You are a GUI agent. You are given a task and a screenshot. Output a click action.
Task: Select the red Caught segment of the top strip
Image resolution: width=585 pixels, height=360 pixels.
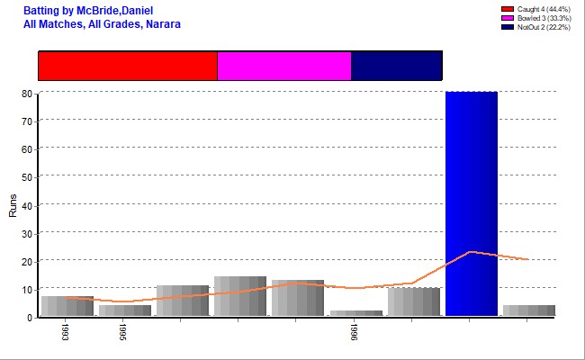coord(127,66)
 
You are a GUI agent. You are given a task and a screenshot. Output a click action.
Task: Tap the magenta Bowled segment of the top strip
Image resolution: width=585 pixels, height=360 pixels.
coord(283,66)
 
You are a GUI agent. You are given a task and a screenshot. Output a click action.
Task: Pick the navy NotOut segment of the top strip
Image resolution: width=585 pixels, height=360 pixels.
coord(396,66)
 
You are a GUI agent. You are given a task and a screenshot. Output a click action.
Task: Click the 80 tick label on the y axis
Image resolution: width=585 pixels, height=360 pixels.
coord(27,93)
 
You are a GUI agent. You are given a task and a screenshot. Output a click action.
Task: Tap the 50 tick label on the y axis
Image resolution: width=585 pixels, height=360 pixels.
coord(27,177)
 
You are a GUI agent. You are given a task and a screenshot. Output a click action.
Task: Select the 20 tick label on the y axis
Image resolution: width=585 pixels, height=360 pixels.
coord(27,261)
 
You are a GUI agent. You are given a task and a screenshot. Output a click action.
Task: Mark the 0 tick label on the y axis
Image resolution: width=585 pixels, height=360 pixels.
coord(30,318)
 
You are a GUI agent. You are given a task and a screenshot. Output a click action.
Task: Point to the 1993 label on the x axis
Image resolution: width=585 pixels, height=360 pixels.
coord(67,332)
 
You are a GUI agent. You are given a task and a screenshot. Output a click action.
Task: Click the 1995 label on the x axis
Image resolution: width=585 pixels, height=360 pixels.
coord(124,332)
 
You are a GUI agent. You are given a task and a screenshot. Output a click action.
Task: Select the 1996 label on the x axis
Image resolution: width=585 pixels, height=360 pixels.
coord(355,332)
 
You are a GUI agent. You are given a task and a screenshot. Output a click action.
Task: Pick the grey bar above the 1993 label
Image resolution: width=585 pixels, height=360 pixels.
coord(67,306)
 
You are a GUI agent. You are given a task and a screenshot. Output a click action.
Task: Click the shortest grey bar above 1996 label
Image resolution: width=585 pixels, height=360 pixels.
coord(355,313)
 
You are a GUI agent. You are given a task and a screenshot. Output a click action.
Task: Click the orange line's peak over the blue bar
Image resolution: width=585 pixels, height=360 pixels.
coord(471,252)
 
